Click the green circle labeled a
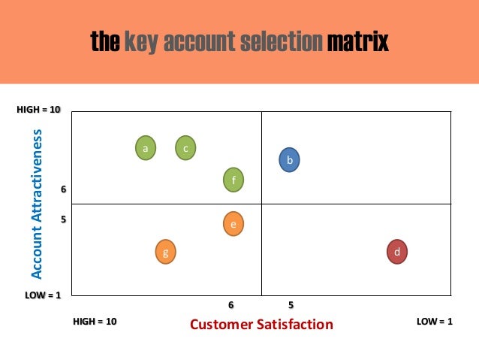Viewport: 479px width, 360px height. (x=146, y=148)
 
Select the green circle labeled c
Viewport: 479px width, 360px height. (x=185, y=148)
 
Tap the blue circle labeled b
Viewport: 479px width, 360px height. (x=289, y=159)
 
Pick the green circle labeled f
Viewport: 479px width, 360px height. (x=234, y=180)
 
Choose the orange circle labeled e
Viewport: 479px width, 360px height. (x=234, y=223)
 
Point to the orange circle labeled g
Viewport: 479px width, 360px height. (x=165, y=252)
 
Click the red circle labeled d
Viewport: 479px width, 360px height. (x=396, y=251)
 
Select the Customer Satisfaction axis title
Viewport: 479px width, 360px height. (x=261, y=325)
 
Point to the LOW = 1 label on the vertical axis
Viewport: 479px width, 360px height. (x=43, y=295)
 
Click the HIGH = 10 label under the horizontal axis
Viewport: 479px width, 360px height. (x=95, y=322)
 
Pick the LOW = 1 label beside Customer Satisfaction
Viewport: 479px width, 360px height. (x=435, y=322)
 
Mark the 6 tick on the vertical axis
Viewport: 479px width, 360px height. (x=63, y=190)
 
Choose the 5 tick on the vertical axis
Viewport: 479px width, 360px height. (x=63, y=220)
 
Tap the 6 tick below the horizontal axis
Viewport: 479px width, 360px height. (x=231, y=305)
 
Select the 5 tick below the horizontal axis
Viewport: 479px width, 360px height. (x=291, y=305)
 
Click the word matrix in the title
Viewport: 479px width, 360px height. (x=357, y=41)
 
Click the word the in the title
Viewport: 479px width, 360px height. (x=105, y=41)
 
